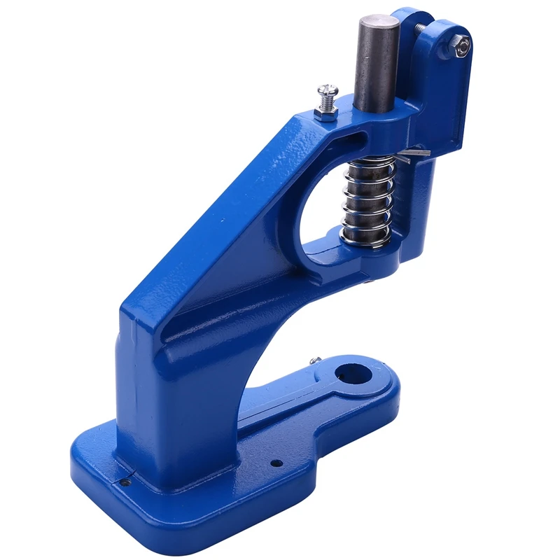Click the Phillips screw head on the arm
(327, 90)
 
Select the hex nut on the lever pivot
(462, 47)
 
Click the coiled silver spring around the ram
(367, 199)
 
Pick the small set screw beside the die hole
(316, 360)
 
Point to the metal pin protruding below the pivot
(416, 150)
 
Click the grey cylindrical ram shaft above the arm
(376, 66)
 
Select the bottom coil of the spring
(366, 239)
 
